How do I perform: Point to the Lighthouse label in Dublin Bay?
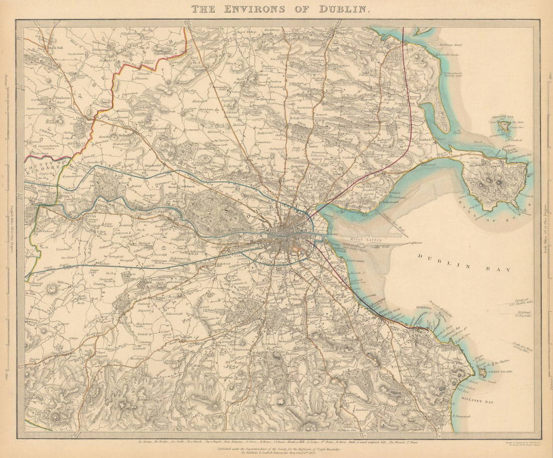[415, 243]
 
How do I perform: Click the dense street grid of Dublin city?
[290, 237]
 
